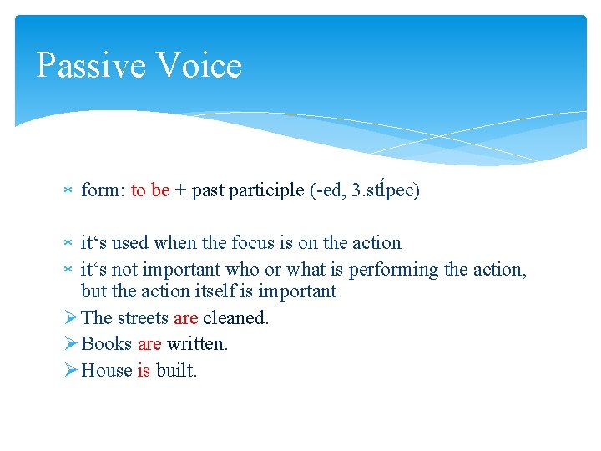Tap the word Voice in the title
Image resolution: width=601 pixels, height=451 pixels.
click(x=198, y=66)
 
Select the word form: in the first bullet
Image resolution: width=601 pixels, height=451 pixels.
click(x=103, y=190)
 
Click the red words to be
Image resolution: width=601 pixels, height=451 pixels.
click(x=150, y=190)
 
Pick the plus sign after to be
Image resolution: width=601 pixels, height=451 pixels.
click(x=180, y=191)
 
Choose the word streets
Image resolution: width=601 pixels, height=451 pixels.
click(x=142, y=318)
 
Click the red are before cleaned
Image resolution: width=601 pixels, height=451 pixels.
click(x=186, y=318)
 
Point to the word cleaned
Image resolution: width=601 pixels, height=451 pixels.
click(x=235, y=318)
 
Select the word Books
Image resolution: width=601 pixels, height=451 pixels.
click(x=107, y=344)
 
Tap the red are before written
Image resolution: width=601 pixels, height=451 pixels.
click(x=149, y=344)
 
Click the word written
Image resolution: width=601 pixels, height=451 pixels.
click(x=196, y=344)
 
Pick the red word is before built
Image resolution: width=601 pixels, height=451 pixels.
click(x=144, y=371)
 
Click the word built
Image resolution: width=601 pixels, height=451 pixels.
click(x=176, y=371)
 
